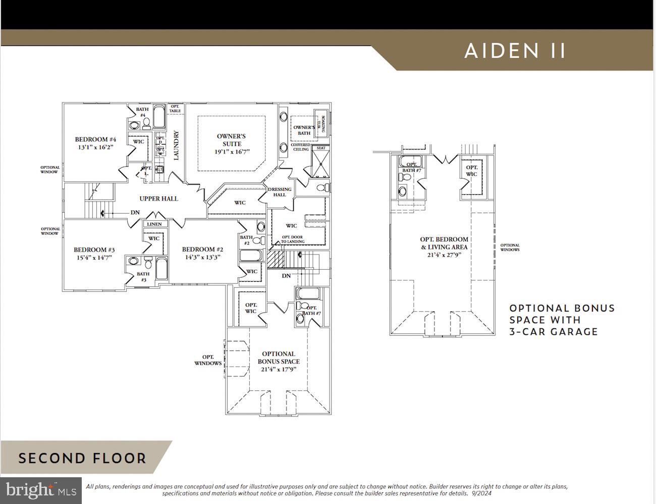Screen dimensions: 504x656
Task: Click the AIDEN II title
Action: tap(515, 51)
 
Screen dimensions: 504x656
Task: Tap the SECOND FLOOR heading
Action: tap(82, 459)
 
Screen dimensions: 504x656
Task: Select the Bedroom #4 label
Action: tap(95, 139)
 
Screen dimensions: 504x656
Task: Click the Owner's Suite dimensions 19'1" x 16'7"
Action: tap(232, 152)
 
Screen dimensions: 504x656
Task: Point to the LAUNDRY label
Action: tap(176, 145)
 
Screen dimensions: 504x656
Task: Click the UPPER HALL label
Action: tap(158, 198)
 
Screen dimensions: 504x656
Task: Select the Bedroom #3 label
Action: tap(94, 249)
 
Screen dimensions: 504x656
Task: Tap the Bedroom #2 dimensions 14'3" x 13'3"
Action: tap(202, 257)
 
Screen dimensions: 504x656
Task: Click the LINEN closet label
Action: tap(154, 224)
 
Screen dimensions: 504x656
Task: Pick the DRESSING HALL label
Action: tap(280, 192)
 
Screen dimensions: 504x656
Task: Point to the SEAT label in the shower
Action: tap(320, 148)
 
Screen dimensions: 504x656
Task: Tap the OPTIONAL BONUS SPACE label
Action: tap(279, 358)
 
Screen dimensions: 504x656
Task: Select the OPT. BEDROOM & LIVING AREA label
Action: tap(444, 243)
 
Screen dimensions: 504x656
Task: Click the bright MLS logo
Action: tap(41, 490)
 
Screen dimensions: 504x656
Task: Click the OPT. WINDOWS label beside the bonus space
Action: tap(208, 360)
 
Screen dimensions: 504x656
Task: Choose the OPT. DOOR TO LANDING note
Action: tap(293, 239)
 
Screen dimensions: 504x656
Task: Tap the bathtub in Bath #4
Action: tap(158, 117)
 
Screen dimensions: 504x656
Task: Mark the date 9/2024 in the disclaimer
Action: tap(481, 493)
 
